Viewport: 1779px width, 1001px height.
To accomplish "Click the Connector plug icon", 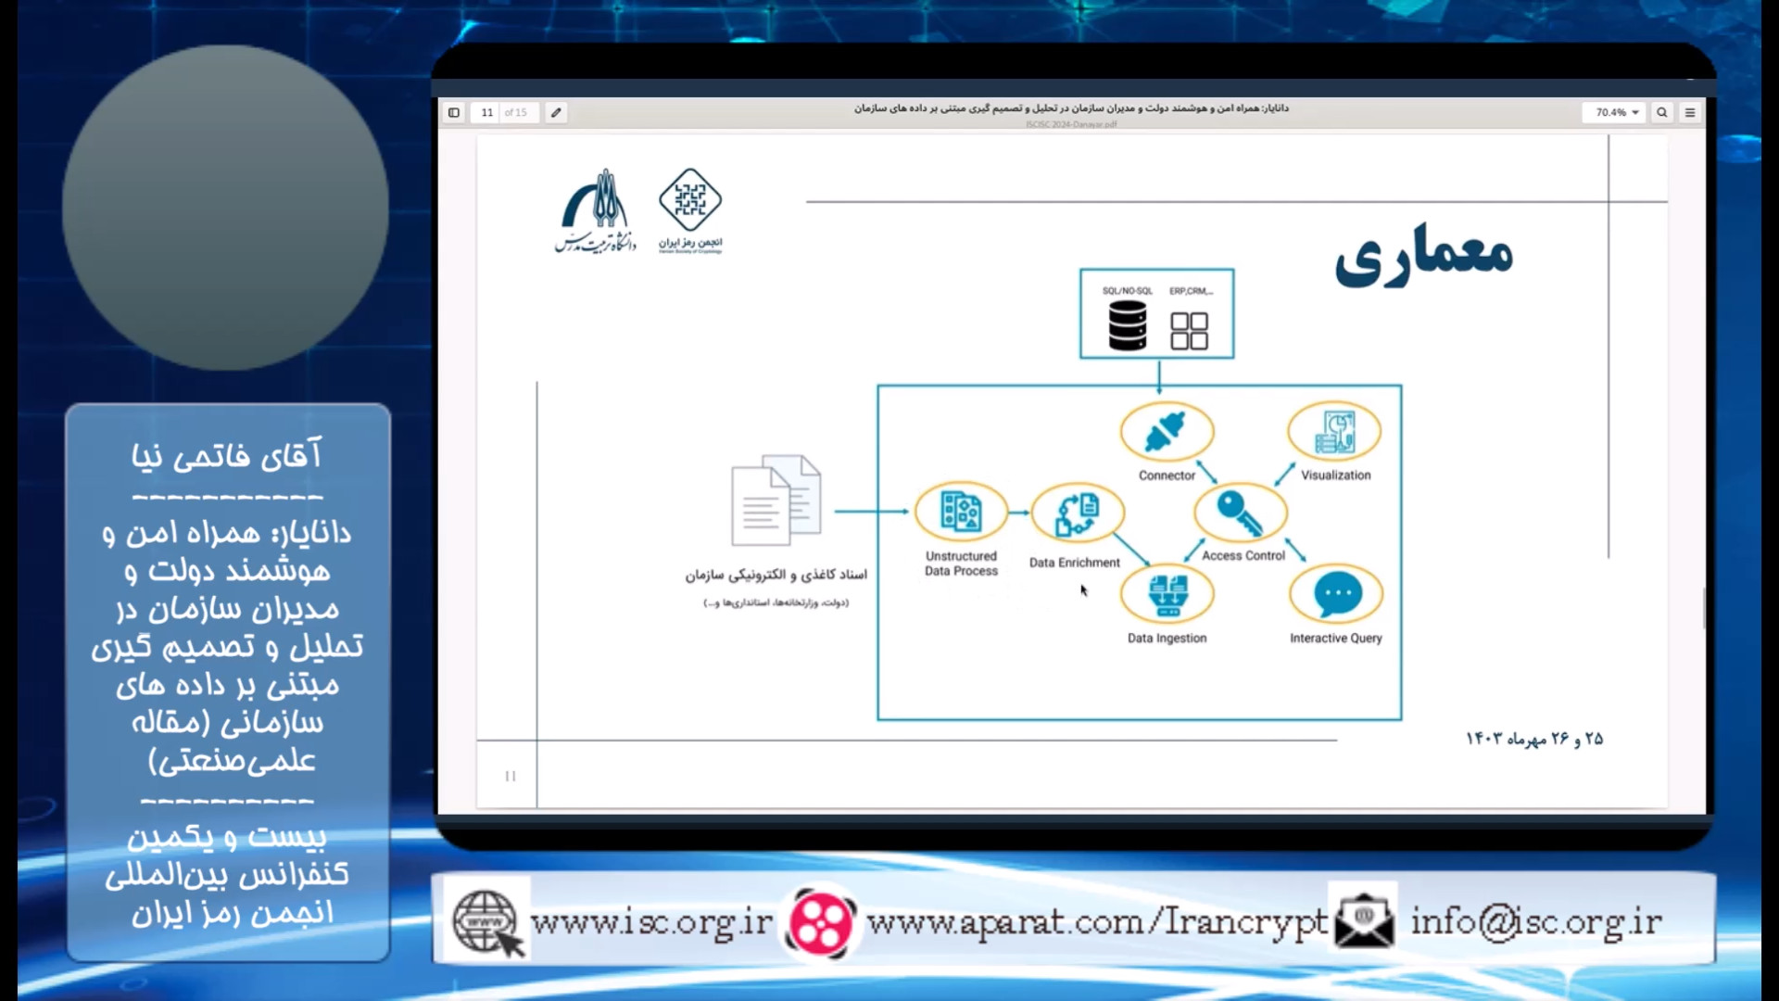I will click(x=1166, y=433).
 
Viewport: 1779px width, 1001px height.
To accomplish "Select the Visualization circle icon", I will click(x=1334, y=432).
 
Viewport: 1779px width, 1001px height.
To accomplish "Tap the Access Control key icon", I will click(x=1240, y=513).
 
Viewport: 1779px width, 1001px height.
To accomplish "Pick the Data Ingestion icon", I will click(x=1167, y=594).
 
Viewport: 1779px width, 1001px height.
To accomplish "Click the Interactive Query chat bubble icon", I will click(x=1336, y=594).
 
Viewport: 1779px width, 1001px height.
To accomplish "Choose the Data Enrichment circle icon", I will click(x=1077, y=513).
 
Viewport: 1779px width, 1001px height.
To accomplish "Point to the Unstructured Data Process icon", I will click(x=961, y=511).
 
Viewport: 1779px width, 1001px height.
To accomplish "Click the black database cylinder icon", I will click(x=1128, y=325).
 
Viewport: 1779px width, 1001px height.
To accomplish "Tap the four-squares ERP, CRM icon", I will click(x=1189, y=330).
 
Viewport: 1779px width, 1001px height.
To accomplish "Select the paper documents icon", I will click(x=776, y=500).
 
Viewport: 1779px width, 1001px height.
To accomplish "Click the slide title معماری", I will click(x=1423, y=255).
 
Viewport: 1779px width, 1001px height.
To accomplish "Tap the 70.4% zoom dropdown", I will click(x=1616, y=112).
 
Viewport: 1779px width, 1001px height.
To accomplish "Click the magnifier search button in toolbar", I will click(x=1662, y=112).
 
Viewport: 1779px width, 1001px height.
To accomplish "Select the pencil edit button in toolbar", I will click(x=556, y=112).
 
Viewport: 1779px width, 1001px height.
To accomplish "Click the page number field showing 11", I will click(x=487, y=112).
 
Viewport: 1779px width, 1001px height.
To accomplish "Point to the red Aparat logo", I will click(x=820, y=922).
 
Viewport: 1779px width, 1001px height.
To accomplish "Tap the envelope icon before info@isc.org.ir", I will click(x=1363, y=920).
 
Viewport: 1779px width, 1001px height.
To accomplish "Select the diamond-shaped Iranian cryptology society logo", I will click(x=690, y=200).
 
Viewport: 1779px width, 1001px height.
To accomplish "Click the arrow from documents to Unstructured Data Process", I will click(x=871, y=512).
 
